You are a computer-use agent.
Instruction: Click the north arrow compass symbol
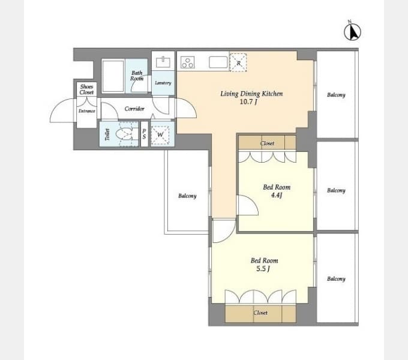coord(352,31)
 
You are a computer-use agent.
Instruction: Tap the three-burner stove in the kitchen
coord(188,62)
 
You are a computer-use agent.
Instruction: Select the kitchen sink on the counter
coord(218,62)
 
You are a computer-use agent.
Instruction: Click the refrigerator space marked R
coord(238,62)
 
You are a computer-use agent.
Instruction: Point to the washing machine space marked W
coord(160,135)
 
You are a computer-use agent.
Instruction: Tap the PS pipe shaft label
coord(145,134)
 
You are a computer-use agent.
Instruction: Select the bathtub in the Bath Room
coord(113,76)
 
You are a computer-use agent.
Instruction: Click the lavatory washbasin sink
coord(163,62)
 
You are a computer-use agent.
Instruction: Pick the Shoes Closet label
coord(86,89)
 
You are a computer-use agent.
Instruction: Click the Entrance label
coord(86,111)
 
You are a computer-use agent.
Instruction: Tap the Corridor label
coord(134,109)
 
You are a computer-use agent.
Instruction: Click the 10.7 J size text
coord(248,102)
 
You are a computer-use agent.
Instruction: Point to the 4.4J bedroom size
coord(277,195)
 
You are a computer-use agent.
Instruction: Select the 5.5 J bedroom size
coord(263,269)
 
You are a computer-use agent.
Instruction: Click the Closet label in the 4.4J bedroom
coord(267,143)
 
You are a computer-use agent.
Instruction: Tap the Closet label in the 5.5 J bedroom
coord(260,313)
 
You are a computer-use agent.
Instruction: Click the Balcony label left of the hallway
coord(187,196)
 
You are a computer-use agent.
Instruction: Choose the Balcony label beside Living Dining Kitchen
coord(336,95)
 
